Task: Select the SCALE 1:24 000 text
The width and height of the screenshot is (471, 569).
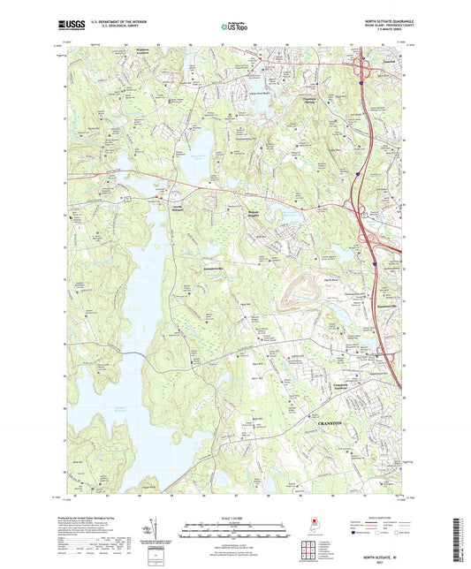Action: click(x=234, y=517)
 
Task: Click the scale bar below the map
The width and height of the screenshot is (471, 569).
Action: click(x=234, y=527)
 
